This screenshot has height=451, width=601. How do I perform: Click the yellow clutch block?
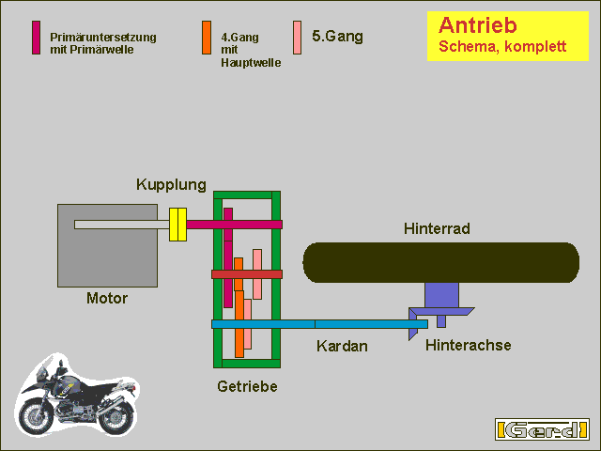pyautogui.click(x=177, y=225)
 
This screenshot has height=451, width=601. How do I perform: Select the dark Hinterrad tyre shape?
pyautogui.click(x=441, y=263)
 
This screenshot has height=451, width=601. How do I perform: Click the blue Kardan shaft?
pyautogui.click(x=319, y=324)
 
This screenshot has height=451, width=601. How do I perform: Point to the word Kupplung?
pyautogui.click(x=171, y=185)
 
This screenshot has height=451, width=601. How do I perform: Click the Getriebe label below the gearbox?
pyautogui.click(x=247, y=386)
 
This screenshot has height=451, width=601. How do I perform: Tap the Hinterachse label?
pyautogui.click(x=468, y=345)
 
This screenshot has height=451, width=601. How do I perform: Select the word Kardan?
pyautogui.click(x=342, y=346)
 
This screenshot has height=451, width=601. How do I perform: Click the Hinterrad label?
pyautogui.click(x=437, y=228)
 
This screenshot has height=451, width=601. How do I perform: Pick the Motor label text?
pyautogui.click(x=107, y=299)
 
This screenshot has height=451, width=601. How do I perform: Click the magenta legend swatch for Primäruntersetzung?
pyautogui.click(x=36, y=38)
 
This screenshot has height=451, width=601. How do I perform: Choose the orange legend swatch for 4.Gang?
pyautogui.click(x=207, y=38)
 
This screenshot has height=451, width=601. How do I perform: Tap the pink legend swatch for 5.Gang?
pyautogui.click(x=297, y=38)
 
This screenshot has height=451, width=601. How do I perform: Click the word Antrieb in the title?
pyautogui.click(x=478, y=25)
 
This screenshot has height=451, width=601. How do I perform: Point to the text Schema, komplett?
pyautogui.click(x=502, y=46)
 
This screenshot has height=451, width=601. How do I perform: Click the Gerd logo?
pyautogui.click(x=542, y=429)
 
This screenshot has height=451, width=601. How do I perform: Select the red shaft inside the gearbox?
pyautogui.click(x=247, y=274)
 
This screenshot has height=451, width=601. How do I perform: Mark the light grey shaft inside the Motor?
pyautogui.click(x=122, y=225)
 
